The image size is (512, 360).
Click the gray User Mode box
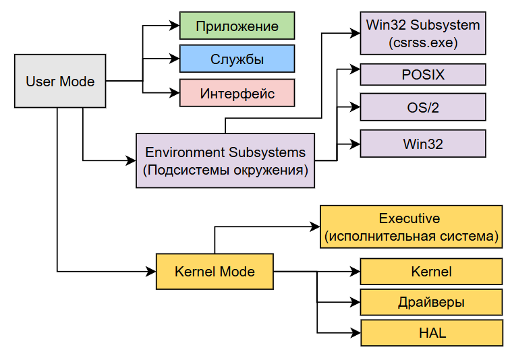pyautogui.click(x=60, y=82)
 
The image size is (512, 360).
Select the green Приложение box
pyautogui.click(x=237, y=26)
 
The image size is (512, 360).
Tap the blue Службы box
pyautogui.click(x=237, y=59)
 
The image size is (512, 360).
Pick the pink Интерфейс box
pyautogui.click(x=237, y=93)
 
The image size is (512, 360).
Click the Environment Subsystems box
pyautogui.click(x=225, y=160)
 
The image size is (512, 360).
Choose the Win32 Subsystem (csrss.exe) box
pyautogui.click(x=423, y=34)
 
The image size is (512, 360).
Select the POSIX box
pyautogui.click(x=423, y=75)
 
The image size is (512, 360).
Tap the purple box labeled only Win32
pyautogui.click(x=423, y=144)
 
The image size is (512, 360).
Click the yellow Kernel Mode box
pyautogui.click(x=215, y=272)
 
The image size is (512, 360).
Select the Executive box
pyautogui.click(x=411, y=227)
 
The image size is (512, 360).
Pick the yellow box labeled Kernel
pyautogui.click(x=431, y=272)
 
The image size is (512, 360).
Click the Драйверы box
pyautogui.click(x=431, y=302)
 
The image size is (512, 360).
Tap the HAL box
pyautogui.click(x=431, y=333)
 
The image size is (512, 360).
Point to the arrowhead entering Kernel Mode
pyautogui.click(x=151, y=272)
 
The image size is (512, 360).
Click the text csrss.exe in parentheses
pyautogui.click(x=423, y=43)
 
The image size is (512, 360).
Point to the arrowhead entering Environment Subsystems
pyautogui.click(x=131, y=160)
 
